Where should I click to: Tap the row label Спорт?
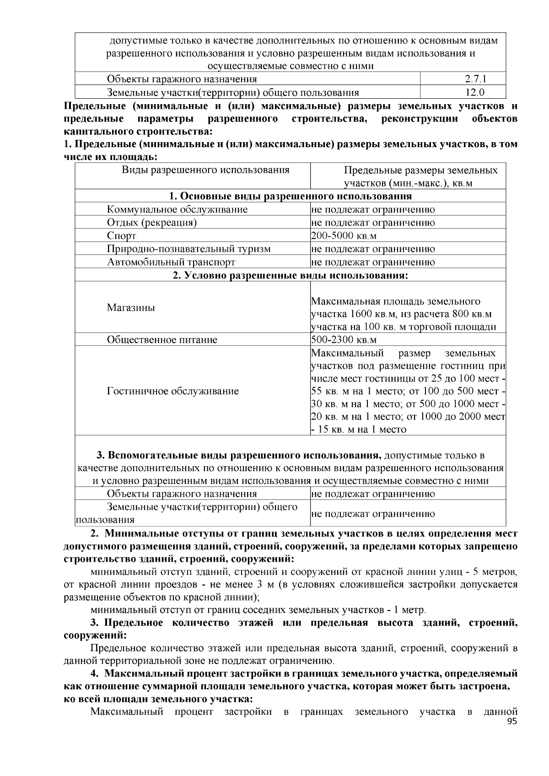click(121, 236)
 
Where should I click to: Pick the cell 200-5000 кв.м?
click(344, 236)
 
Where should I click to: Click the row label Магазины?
click(131, 308)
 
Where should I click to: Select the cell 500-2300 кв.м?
click(344, 340)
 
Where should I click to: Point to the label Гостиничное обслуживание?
click(172, 391)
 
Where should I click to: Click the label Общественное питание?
click(162, 340)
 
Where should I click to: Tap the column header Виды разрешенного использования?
click(205, 170)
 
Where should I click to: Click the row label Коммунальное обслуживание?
click(177, 210)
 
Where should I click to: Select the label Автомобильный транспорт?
click(171, 262)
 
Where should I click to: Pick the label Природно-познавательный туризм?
click(188, 249)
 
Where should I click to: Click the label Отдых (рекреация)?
click(152, 223)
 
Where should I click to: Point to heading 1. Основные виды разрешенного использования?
click(290, 197)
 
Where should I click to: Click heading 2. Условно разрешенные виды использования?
click(290, 276)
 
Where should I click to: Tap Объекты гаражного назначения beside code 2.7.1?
click(182, 79)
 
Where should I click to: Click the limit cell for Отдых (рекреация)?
click(373, 223)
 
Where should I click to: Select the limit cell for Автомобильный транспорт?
click(373, 262)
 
